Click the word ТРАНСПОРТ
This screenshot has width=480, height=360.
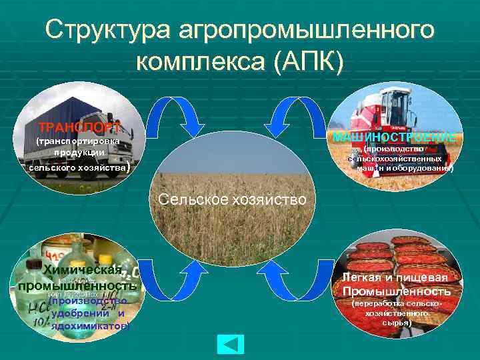[x=79, y=127]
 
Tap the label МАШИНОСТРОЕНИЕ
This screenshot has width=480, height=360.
[x=395, y=137]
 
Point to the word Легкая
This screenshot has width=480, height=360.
[x=366, y=277]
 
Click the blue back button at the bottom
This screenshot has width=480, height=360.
[x=231, y=343]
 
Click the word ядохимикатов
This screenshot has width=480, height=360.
[x=89, y=327]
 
